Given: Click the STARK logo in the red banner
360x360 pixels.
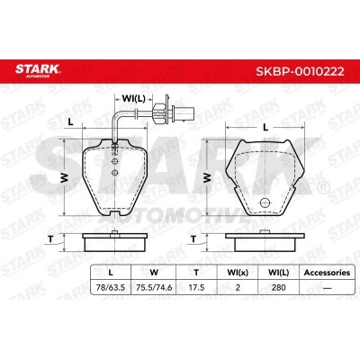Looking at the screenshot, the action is pos(38,70).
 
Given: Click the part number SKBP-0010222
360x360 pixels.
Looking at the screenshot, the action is pos(300,71).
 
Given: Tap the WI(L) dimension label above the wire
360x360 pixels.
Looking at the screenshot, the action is pos(133,98).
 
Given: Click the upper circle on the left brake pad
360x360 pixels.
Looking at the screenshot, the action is pos(115,161).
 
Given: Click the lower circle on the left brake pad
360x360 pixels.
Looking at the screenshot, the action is pos(115,173).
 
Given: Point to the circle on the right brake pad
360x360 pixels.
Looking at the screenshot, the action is pos(265,202).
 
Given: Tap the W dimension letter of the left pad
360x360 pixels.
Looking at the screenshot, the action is pos(64,177).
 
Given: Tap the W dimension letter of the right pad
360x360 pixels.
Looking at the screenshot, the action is pos(207,177).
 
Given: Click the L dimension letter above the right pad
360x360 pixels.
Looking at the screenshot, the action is pos(265,128).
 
